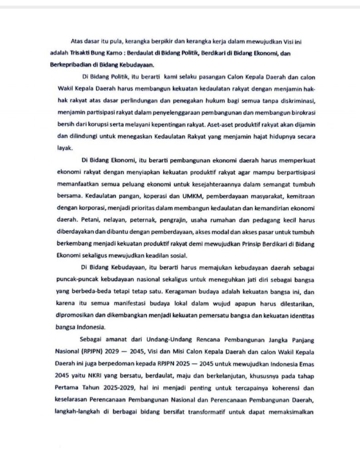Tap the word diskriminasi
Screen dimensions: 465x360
coord(291,100)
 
